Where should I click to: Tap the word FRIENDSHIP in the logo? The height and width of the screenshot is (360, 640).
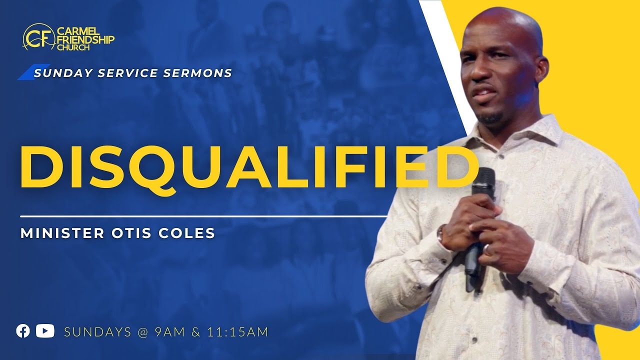(x=85, y=39)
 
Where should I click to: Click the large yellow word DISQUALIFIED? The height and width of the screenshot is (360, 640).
(x=248, y=165)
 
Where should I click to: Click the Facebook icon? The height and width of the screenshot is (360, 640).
(x=23, y=331)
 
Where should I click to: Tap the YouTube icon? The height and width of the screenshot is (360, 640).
(x=45, y=331)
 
